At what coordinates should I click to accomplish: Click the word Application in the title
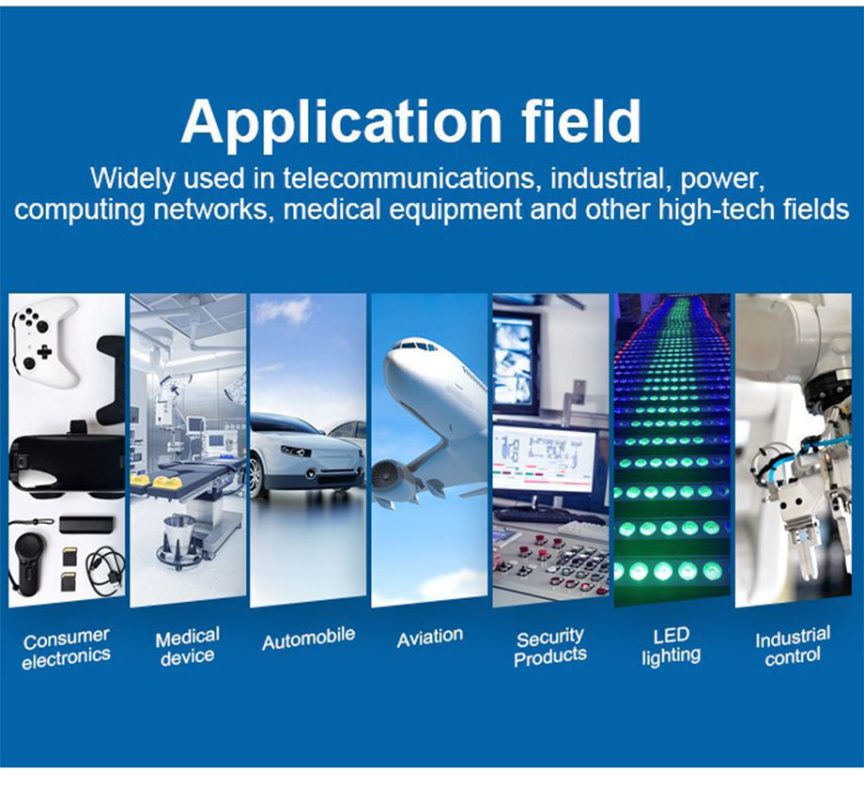click(341, 123)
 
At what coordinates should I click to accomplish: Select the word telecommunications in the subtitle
click(409, 178)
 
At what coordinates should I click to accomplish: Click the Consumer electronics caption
click(66, 648)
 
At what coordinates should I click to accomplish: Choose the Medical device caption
click(187, 646)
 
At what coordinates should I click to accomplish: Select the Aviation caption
click(430, 638)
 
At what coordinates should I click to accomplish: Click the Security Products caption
click(550, 647)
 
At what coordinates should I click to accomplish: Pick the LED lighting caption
click(671, 646)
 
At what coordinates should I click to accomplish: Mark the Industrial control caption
click(793, 646)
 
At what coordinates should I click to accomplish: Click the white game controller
click(45, 341)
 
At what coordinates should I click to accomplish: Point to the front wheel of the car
click(255, 476)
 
